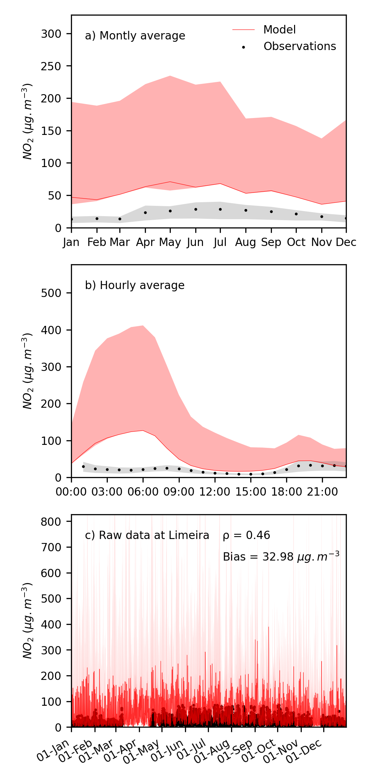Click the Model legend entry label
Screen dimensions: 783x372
pos(279,30)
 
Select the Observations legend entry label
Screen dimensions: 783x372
pos(299,46)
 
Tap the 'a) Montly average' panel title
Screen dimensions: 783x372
pos(135,36)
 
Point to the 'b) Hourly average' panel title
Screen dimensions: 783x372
pos(135,285)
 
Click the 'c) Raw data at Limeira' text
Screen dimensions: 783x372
pos(147,535)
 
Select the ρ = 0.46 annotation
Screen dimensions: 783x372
pos(246,535)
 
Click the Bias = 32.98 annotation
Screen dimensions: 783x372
pos(281,557)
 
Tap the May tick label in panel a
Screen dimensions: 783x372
pos(170,242)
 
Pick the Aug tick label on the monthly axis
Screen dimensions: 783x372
pos(245,242)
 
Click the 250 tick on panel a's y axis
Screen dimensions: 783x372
pos(51,66)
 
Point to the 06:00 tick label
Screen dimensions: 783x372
pos(143,492)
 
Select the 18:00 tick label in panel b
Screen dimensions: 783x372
pos(286,492)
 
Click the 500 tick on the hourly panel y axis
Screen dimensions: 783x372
pos(51,293)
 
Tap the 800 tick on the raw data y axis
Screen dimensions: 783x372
pos(51,521)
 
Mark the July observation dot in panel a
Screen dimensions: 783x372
pos(220,210)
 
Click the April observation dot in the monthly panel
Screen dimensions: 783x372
pos(145,212)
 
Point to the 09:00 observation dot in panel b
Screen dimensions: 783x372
pos(179,469)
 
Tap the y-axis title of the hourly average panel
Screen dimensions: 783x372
pos(28,371)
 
